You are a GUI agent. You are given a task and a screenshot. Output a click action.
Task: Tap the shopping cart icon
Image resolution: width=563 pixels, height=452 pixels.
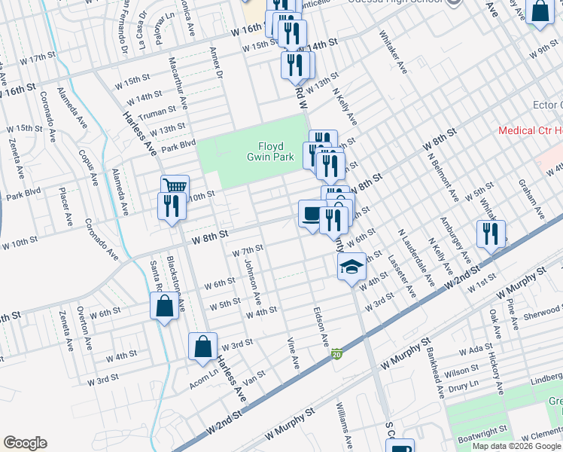(175, 185)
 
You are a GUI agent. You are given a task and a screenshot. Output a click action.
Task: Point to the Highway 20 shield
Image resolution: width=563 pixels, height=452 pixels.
(337, 353)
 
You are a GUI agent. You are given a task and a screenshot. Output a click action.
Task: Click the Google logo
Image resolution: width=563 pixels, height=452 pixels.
(25, 443)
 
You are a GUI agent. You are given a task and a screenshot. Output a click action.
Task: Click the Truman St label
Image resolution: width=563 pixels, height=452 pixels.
(157, 111)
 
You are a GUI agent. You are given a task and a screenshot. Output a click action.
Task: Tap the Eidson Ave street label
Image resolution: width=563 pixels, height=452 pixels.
(321, 327)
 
